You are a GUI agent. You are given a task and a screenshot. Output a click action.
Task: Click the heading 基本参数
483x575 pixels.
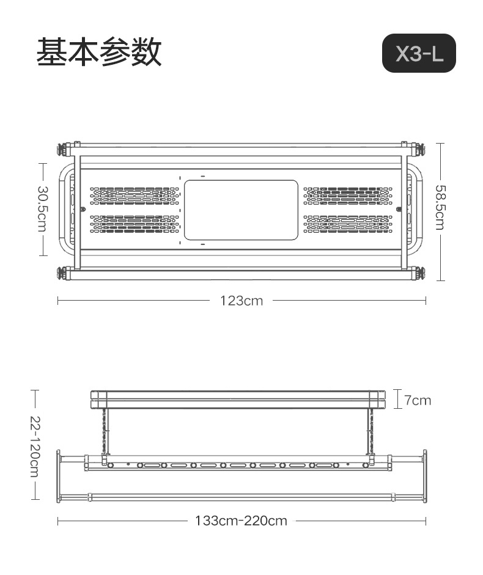pyautogui.click(x=99, y=53)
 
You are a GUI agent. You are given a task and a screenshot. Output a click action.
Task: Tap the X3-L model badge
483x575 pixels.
pyautogui.click(x=419, y=54)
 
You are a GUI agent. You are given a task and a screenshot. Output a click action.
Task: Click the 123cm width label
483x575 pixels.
pyautogui.click(x=242, y=301)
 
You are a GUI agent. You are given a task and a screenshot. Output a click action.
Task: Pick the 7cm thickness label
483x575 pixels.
pyautogui.click(x=418, y=400)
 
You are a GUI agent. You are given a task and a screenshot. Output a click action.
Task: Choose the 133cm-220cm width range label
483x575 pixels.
pyautogui.click(x=241, y=521)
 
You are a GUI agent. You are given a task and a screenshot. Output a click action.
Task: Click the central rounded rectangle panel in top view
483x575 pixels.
pyautogui.click(x=241, y=210)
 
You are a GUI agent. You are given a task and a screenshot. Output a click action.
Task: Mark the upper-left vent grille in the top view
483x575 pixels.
pyautogui.click(x=135, y=196)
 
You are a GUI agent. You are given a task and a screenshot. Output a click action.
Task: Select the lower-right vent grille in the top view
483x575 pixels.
pyautogui.click(x=348, y=224)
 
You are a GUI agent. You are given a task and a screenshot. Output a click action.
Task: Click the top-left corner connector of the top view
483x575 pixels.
pyautogui.click(x=63, y=148)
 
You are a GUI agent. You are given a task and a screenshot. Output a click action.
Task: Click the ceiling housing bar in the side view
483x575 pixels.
pyautogui.click(x=238, y=400)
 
